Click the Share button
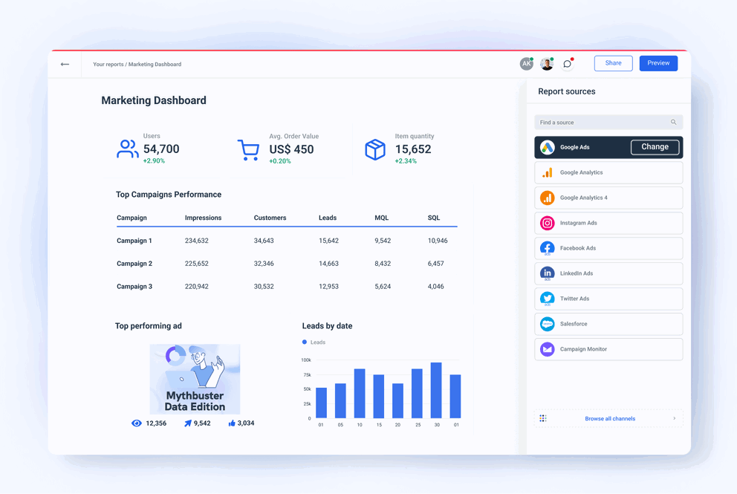[x=613, y=63]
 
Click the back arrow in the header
[x=65, y=65]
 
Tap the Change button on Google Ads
[x=655, y=147]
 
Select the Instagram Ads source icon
[x=548, y=223]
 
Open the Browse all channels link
[x=609, y=419]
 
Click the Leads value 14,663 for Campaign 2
[x=328, y=264]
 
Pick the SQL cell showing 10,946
[x=438, y=241]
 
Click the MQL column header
[x=381, y=218]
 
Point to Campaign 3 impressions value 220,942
[x=197, y=287]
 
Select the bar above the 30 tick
[x=436, y=390]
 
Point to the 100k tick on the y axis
[x=306, y=360]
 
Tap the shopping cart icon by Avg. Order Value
[x=248, y=150]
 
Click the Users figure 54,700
[x=161, y=149]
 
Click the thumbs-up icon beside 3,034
[x=232, y=423]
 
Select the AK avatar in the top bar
[x=526, y=64]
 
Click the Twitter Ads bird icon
[x=548, y=299]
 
